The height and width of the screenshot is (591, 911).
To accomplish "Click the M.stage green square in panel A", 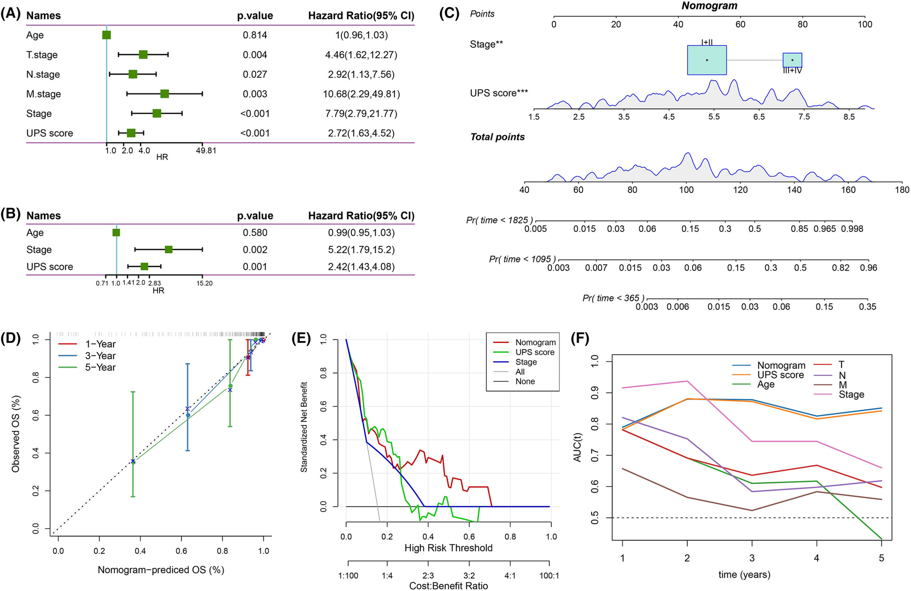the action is click(164, 94).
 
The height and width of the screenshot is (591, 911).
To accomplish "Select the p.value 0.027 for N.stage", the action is click(255, 74).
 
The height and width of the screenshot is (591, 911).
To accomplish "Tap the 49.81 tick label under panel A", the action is click(206, 151).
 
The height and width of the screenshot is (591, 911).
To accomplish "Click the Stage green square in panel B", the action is click(169, 249).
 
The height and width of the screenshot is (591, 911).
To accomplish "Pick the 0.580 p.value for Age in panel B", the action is click(255, 233).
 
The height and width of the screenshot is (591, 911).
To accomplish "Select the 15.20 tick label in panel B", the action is click(205, 283).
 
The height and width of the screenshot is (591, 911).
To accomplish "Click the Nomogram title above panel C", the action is click(709, 6).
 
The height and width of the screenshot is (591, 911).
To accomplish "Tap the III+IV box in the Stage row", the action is click(792, 60).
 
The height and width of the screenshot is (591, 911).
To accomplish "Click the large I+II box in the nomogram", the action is click(707, 60).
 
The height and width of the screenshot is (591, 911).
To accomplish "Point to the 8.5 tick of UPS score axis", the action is click(849, 117).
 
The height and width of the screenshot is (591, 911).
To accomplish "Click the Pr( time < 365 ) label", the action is click(613, 298).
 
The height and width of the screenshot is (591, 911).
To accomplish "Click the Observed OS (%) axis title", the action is click(16, 434).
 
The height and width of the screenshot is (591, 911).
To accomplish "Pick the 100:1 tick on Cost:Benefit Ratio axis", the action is click(549, 576).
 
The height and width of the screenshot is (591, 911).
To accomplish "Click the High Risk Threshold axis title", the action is click(449, 548).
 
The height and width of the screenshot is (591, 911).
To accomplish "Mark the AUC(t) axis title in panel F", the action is click(578, 447).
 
